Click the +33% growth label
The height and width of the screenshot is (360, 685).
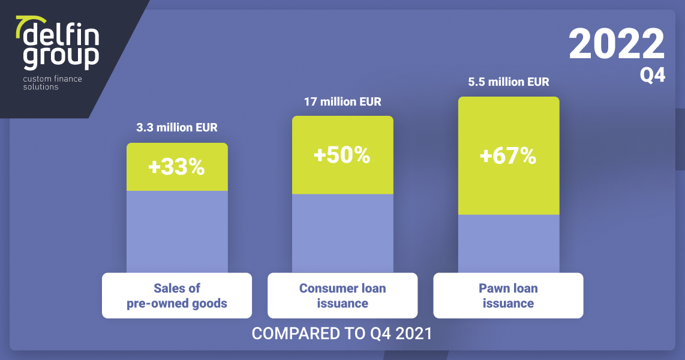176,167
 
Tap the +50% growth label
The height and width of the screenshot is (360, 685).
342,155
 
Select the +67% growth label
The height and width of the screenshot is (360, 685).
508,156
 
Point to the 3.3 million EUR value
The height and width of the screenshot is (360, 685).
177,128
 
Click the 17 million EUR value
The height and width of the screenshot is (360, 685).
342,102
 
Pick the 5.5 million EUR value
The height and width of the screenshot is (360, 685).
509,82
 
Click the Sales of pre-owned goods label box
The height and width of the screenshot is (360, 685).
177,295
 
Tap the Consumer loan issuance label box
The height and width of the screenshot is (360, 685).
342,295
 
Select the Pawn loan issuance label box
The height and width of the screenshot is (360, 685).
508,295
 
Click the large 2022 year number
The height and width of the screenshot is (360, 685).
617,44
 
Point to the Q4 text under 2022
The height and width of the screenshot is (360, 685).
653,75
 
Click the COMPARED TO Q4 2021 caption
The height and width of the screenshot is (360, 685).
342,334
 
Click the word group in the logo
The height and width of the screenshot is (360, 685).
61,57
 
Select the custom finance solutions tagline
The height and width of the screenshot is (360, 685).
52,83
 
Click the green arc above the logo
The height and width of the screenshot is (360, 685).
27,23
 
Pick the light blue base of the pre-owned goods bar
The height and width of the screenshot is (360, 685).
177,232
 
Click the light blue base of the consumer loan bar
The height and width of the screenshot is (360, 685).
342,233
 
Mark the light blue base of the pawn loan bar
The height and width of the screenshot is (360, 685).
509,244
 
